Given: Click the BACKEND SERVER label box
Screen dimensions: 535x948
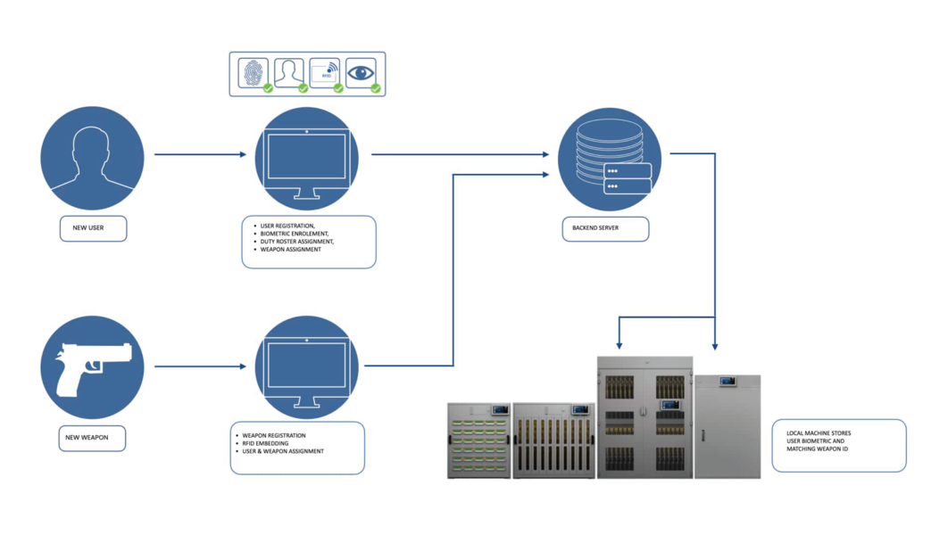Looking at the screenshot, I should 605,227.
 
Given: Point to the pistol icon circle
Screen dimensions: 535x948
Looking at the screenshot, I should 92,367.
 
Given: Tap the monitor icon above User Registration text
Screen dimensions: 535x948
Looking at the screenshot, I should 306,158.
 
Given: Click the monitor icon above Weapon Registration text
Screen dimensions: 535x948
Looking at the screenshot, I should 306,367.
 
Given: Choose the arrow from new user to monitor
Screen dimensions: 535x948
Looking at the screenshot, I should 199,154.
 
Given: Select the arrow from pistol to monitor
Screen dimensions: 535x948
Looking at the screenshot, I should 199,366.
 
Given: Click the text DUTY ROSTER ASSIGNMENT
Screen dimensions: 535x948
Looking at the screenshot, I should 297,242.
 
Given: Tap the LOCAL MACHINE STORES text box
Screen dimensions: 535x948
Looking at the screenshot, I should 838,446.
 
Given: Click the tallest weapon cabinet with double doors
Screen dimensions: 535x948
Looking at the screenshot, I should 644,417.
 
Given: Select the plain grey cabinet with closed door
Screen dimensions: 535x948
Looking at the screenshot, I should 728,426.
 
